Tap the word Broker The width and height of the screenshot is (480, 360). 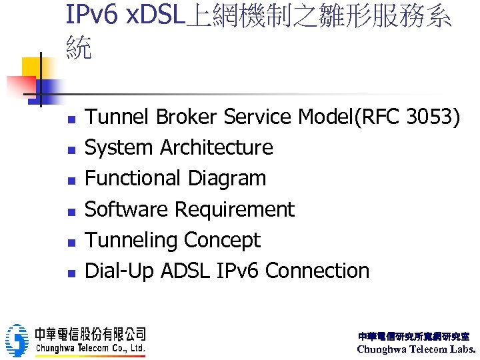pos(187,117)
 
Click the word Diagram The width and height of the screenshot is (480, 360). pos(227,179)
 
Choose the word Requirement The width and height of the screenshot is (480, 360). pos(234,209)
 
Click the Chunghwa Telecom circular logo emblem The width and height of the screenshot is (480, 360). pos(17,341)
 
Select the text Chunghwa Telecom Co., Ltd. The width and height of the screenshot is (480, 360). pos(91,348)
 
